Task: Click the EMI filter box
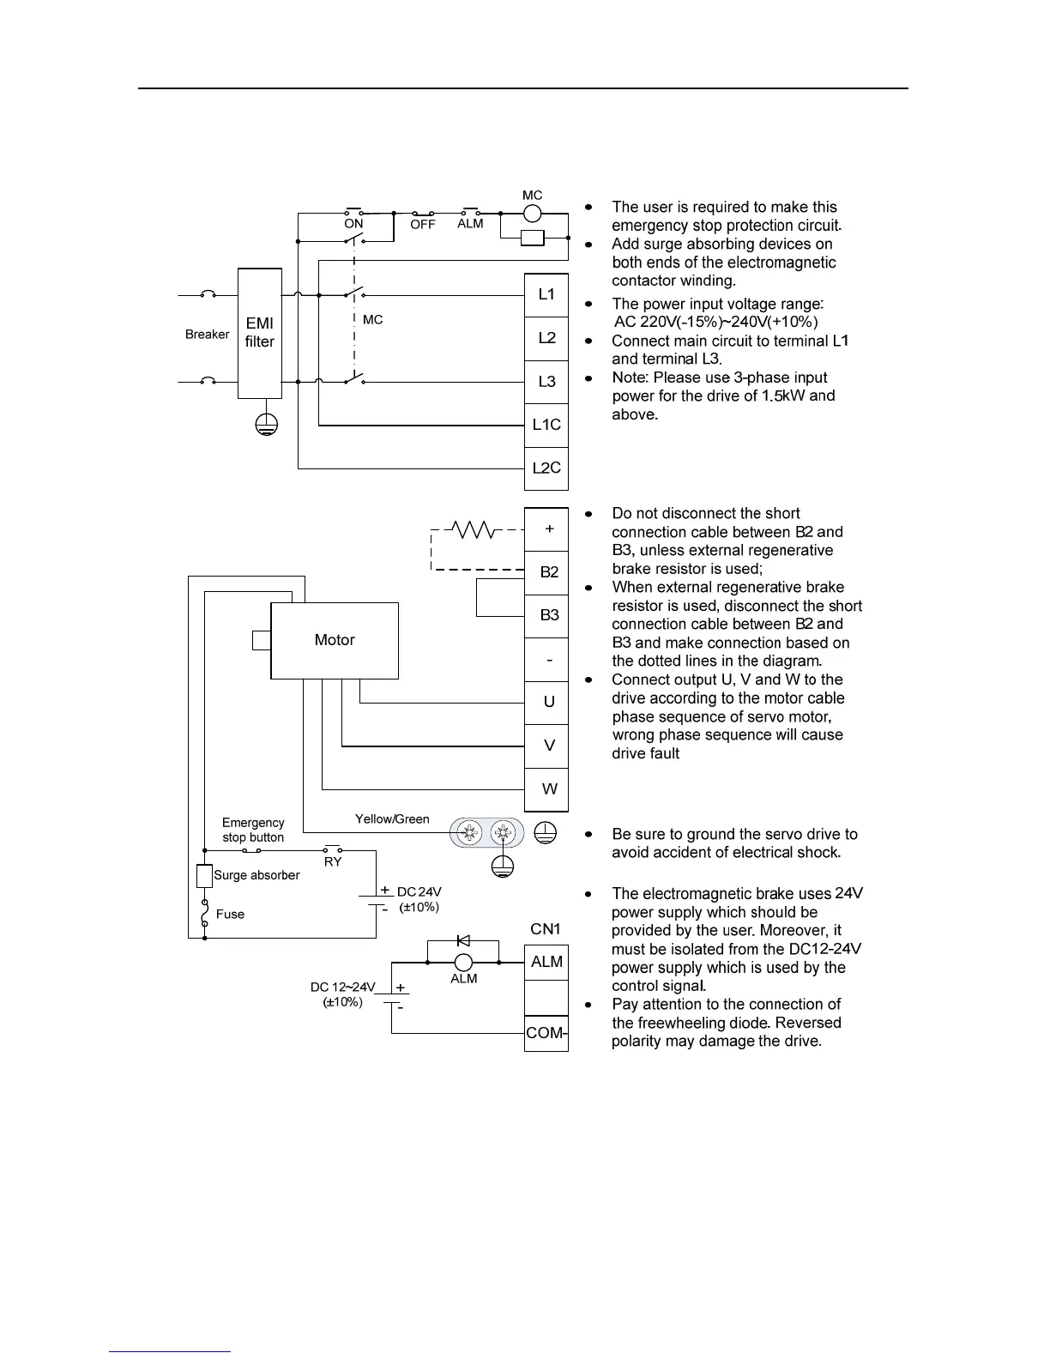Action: (259, 333)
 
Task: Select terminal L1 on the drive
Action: (546, 295)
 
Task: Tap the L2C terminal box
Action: (546, 468)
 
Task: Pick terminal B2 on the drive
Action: (549, 572)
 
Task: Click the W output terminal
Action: (549, 789)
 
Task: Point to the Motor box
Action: (335, 640)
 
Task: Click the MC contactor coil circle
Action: (533, 214)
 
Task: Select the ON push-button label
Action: (353, 224)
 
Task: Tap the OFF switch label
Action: (423, 225)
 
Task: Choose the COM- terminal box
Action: (546, 1033)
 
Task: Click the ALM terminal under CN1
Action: (546, 962)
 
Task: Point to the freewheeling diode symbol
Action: (463, 941)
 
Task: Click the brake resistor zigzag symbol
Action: (471, 529)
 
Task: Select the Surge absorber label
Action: (256, 876)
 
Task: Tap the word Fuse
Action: (230, 915)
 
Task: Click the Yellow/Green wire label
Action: (392, 819)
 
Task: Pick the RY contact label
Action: (333, 862)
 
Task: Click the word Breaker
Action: (207, 335)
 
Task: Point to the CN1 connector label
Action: (546, 929)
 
